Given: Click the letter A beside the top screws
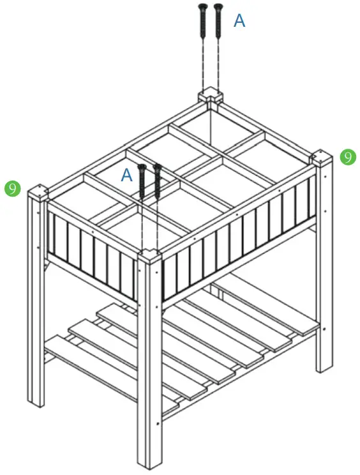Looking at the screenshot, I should point(239,20).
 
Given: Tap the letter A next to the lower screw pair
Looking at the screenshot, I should point(127,174).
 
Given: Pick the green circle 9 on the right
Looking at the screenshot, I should point(347,156).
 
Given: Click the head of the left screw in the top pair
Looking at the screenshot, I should point(203,8).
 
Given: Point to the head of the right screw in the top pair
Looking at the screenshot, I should point(218,8).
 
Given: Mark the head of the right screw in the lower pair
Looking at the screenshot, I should point(156,168).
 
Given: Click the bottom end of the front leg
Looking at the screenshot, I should point(150,464).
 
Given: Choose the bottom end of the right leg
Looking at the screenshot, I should point(324,369).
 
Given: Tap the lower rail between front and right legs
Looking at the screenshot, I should point(239,370).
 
